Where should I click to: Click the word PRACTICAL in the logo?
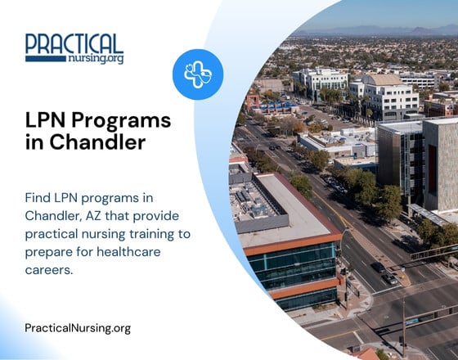click(x=74, y=43)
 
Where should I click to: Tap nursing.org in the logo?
click(x=97, y=59)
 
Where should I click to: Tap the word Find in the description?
click(x=39, y=199)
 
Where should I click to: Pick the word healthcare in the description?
click(x=136, y=250)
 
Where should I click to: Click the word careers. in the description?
click(x=50, y=268)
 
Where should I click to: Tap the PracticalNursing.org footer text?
click(x=78, y=328)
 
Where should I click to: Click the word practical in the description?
click(x=58, y=233)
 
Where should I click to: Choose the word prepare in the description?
click(x=52, y=250)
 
